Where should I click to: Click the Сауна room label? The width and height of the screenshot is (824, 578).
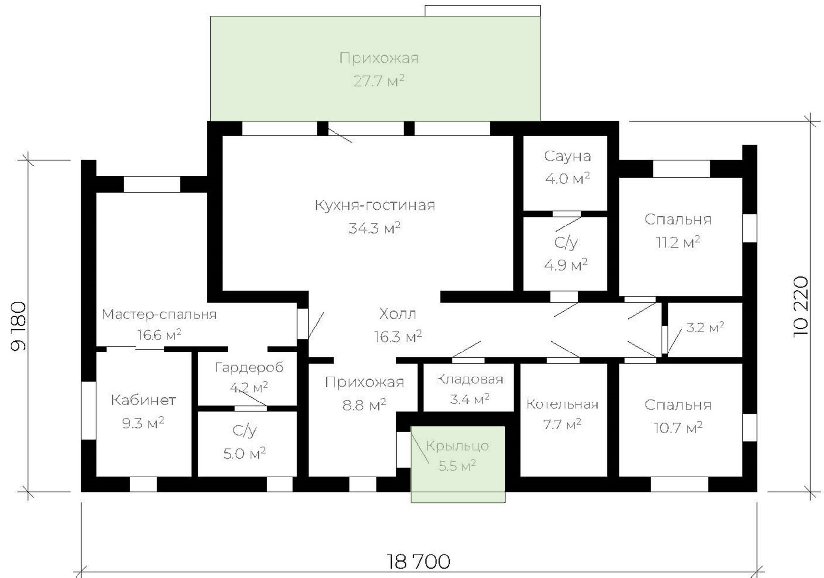pyautogui.click(x=567, y=156)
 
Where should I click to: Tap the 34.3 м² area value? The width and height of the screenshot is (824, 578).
pyautogui.click(x=374, y=228)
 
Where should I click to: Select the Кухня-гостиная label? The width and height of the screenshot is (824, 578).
pyautogui.click(x=375, y=205)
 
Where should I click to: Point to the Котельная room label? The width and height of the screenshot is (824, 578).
pyautogui.click(x=562, y=404)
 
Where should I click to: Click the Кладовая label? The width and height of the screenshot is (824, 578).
pyautogui.click(x=469, y=379)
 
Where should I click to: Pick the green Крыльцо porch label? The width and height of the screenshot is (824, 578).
pyautogui.click(x=457, y=446)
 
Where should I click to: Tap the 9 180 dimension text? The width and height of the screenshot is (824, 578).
pyautogui.click(x=18, y=326)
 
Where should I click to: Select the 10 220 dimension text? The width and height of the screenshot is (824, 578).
pyautogui.click(x=800, y=306)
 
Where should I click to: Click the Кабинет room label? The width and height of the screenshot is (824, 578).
pyautogui.click(x=143, y=400)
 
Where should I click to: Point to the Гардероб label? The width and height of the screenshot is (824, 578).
pyautogui.click(x=249, y=367)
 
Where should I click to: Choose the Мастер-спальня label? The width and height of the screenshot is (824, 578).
pyautogui.click(x=159, y=314)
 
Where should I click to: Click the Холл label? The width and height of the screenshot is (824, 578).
pyautogui.click(x=397, y=313)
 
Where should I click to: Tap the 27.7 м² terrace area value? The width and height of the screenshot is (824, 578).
pyautogui.click(x=379, y=81)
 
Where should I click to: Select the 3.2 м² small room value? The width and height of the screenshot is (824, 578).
pyautogui.click(x=705, y=327)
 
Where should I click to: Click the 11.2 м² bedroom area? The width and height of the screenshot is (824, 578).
pyautogui.click(x=678, y=242)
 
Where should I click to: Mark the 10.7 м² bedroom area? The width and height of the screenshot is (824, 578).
pyautogui.click(x=678, y=428)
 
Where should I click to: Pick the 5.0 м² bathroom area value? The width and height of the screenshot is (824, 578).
pyautogui.click(x=244, y=453)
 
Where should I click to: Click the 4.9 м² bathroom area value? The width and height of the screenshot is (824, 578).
pyautogui.click(x=566, y=265)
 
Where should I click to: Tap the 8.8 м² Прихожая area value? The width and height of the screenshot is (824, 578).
pyautogui.click(x=364, y=405)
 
